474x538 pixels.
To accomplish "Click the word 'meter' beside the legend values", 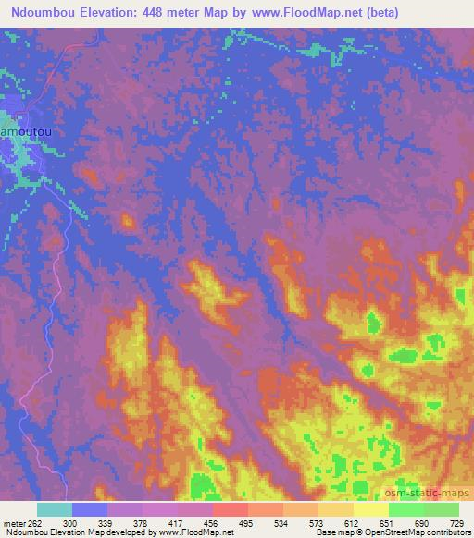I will [16, 522].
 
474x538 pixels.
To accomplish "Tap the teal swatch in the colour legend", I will [55, 509].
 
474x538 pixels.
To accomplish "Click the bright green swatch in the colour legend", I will [405, 509].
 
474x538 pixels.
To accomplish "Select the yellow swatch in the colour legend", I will [370, 509].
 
